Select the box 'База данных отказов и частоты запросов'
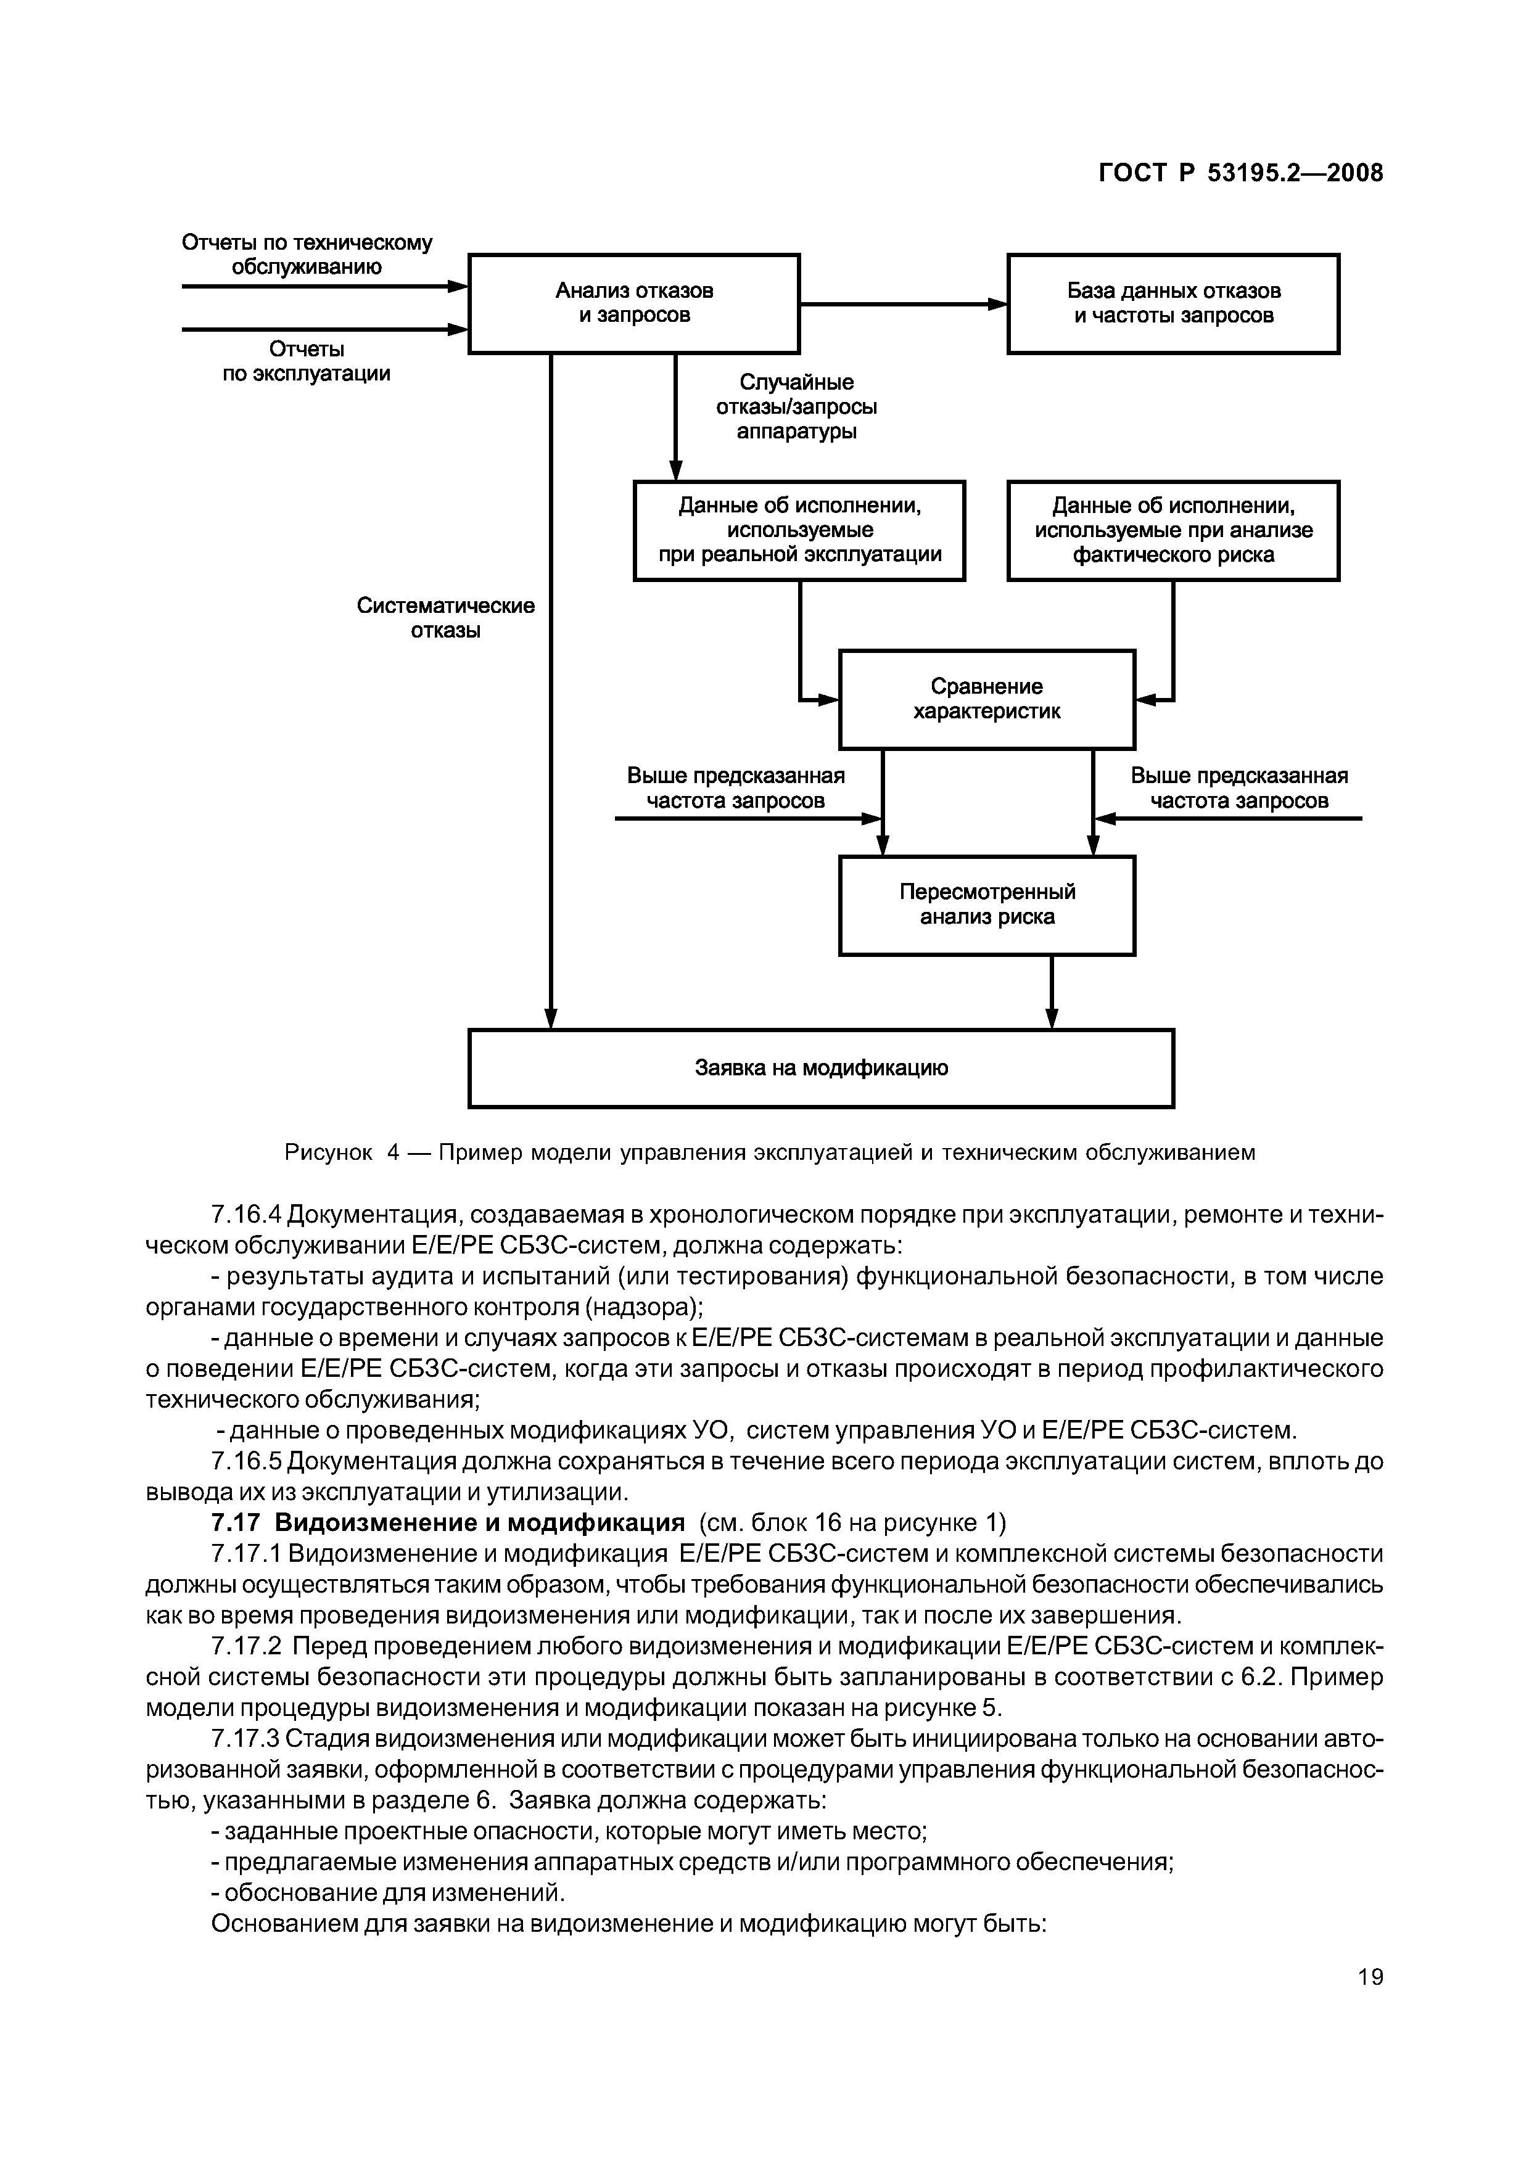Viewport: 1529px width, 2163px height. coord(1173,303)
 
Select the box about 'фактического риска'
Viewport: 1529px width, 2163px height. coord(1173,530)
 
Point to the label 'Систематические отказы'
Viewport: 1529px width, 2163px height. coord(445,618)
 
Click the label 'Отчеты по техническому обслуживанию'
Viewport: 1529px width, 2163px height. coord(307,255)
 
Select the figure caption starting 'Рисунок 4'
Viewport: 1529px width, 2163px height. coord(770,1152)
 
